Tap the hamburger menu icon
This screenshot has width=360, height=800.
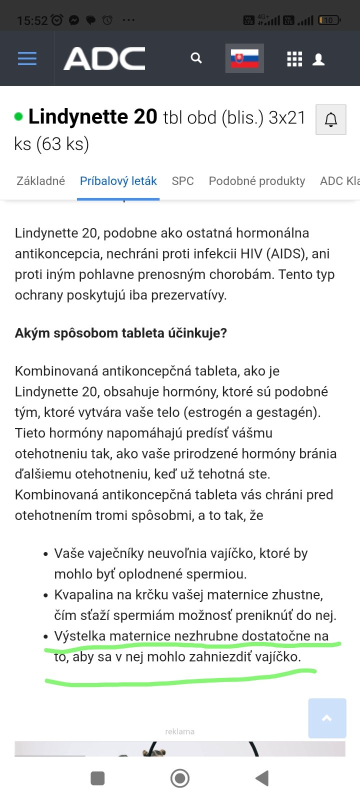click(x=27, y=58)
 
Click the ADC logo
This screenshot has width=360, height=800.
click(x=104, y=58)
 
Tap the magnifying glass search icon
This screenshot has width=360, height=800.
click(x=196, y=58)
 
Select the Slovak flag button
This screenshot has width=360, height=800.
click(x=244, y=58)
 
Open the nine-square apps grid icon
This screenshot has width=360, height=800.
click(x=294, y=59)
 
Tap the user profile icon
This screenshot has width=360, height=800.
click(x=318, y=59)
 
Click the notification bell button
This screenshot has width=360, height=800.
click(x=331, y=119)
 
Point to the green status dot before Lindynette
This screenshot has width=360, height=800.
click(x=18, y=117)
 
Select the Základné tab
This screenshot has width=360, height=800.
click(x=40, y=181)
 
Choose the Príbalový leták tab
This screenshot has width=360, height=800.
click(x=118, y=181)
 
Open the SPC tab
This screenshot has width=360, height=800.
click(x=182, y=181)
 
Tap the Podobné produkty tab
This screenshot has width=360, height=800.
click(x=257, y=181)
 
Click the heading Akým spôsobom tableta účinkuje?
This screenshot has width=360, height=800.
click(x=121, y=333)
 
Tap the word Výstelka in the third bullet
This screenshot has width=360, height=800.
click(x=80, y=636)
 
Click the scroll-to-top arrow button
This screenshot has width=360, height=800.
click(x=327, y=718)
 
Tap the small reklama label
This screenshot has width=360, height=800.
click(x=179, y=731)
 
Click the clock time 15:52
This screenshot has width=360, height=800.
click(x=32, y=20)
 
